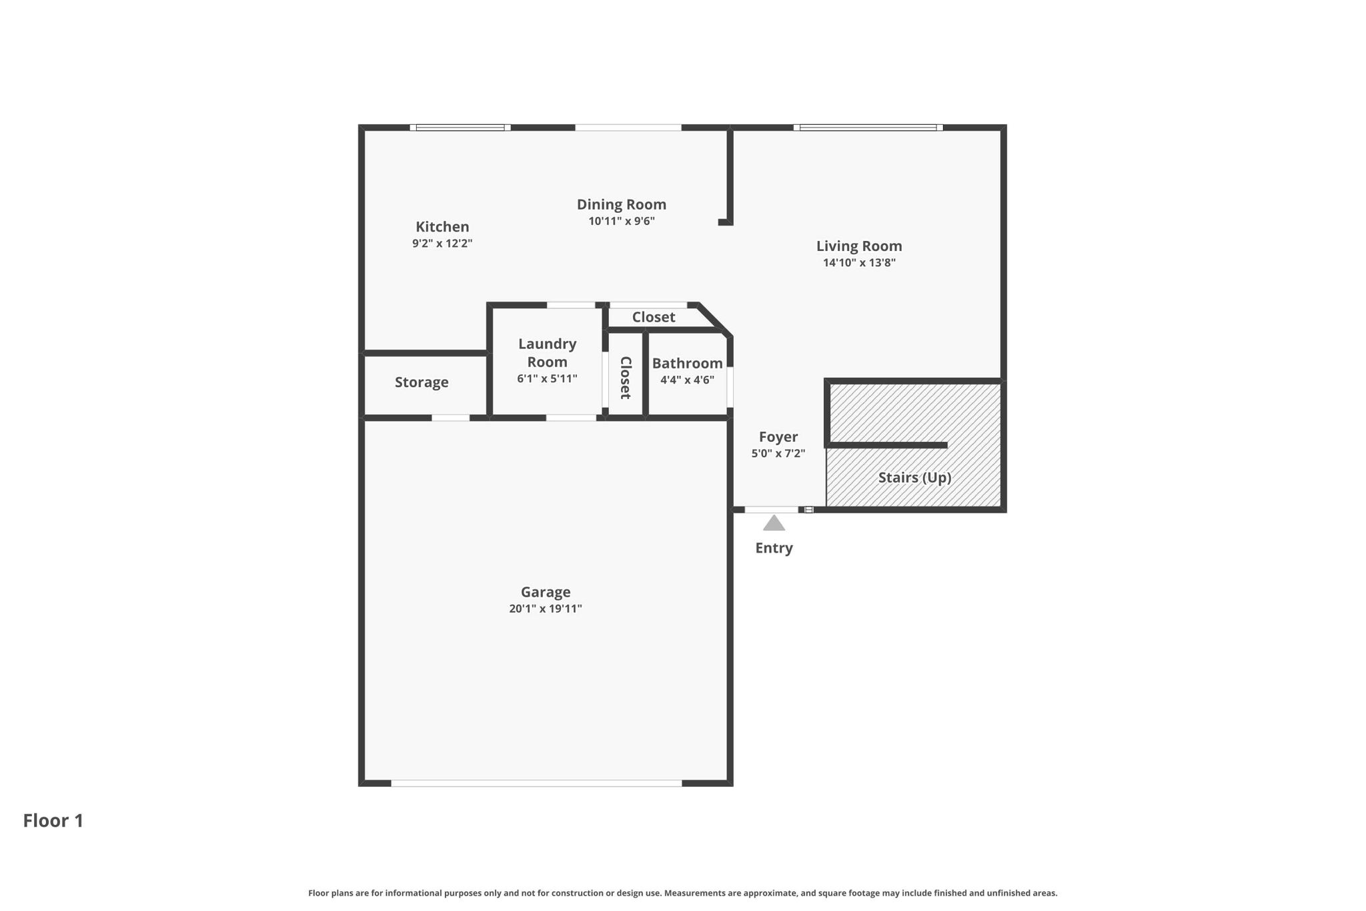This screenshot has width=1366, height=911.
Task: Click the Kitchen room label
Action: [x=442, y=227]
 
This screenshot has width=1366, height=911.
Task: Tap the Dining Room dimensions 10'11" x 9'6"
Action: [x=622, y=221]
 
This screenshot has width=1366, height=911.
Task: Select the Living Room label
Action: [x=859, y=246]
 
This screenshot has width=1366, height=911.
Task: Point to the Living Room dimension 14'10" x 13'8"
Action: [x=859, y=263]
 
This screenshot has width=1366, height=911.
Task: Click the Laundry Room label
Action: [x=548, y=352]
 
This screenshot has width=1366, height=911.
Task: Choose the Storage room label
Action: [x=422, y=382]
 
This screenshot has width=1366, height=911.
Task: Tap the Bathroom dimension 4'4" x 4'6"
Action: [x=687, y=380]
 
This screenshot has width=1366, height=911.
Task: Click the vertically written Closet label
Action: [x=626, y=378]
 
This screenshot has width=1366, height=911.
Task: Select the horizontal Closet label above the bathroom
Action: [x=654, y=317]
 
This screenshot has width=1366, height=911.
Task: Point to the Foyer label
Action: [x=778, y=437]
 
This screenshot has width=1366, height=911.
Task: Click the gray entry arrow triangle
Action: [x=774, y=524]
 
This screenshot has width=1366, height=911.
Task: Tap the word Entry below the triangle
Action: [x=774, y=548]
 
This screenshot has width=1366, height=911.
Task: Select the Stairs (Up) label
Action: [x=914, y=478]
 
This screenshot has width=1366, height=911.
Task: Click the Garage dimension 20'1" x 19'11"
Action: [x=546, y=609]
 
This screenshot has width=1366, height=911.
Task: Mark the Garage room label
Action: [x=546, y=592]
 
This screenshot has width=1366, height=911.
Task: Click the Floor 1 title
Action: [x=53, y=820]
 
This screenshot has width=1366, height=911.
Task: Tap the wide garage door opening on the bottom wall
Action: [x=536, y=783]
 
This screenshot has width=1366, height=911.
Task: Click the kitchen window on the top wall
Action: [x=460, y=127]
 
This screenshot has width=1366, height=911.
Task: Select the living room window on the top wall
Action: [x=868, y=127]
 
